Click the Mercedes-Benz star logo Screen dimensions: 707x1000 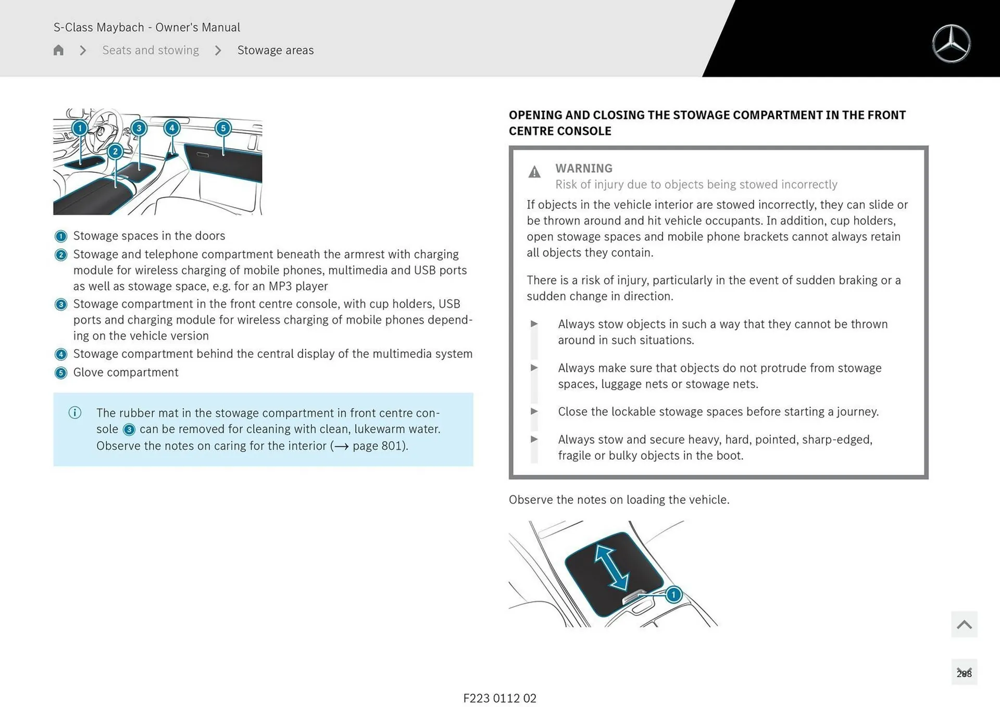click(x=951, y=44)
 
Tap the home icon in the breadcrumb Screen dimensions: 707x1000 click(x=58, y=50)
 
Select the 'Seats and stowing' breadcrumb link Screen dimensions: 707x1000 click(x=151, y=50)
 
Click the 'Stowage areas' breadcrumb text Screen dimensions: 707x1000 click(x=276, y=50)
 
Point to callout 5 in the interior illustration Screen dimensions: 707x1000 click(x=223, y=128)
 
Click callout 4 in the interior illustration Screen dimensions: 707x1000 click(x=172, y=128)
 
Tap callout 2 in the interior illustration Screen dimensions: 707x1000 click(x=115, y=151)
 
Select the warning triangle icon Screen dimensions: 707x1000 click(x=534, y=172)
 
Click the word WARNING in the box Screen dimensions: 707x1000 click(x=583, y=168)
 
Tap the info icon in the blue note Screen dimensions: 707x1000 click(x=75, y=413)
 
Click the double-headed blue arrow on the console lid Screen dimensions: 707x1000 click(x=611, y=567)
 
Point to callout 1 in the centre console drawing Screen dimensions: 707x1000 click(x=673, y=595)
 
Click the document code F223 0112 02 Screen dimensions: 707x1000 click(x=499, y=698)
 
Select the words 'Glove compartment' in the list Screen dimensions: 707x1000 click(x=126, y=372)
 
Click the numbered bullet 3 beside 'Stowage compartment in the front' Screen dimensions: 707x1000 click(x=61, y=305)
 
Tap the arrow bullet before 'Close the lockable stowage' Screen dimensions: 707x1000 click(x=534, y=411)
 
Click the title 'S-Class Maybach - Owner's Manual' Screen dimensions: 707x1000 click(x=147, y=27)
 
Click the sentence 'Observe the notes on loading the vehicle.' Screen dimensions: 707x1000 click(x=619, y=499)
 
